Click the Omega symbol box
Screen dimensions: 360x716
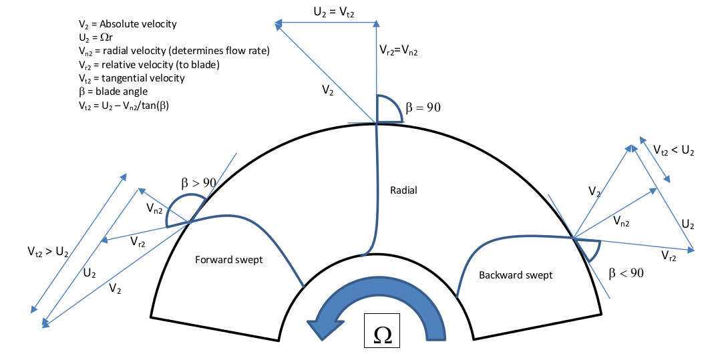tap(382, 332)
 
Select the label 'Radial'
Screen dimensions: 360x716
tap(403, 190)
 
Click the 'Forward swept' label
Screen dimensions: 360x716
tap(228, 260)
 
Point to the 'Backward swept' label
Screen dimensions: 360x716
tap(516, 275)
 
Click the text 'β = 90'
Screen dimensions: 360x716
tap(423, 106)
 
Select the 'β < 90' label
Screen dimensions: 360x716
tap(626, 273)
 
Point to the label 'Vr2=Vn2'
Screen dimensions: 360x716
tap(399, 49)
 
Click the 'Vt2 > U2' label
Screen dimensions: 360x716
tap(49, 252)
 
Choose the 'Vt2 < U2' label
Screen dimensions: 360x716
tap(674, 151)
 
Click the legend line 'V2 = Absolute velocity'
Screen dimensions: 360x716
tap(128, 24)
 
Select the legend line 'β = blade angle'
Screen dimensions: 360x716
tap(114, 92)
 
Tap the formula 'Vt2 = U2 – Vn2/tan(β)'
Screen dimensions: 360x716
tap(124, 105)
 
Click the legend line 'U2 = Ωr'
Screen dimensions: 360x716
tap(98, 37)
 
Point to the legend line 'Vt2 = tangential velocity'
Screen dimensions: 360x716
tap(132, 78)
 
